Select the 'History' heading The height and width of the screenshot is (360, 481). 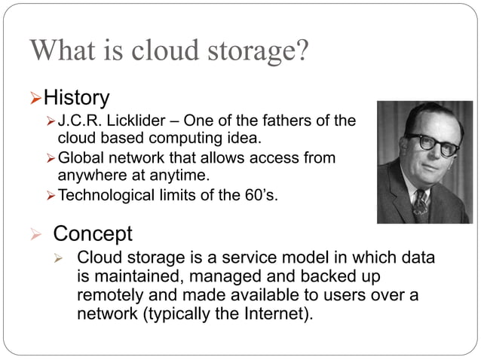pyautogui.click(x=76, y=98)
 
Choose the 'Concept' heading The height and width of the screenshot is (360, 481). pyautogui.click(x=93, y=233)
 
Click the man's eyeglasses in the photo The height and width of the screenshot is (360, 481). pyautogui.click(x=433, y=144)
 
